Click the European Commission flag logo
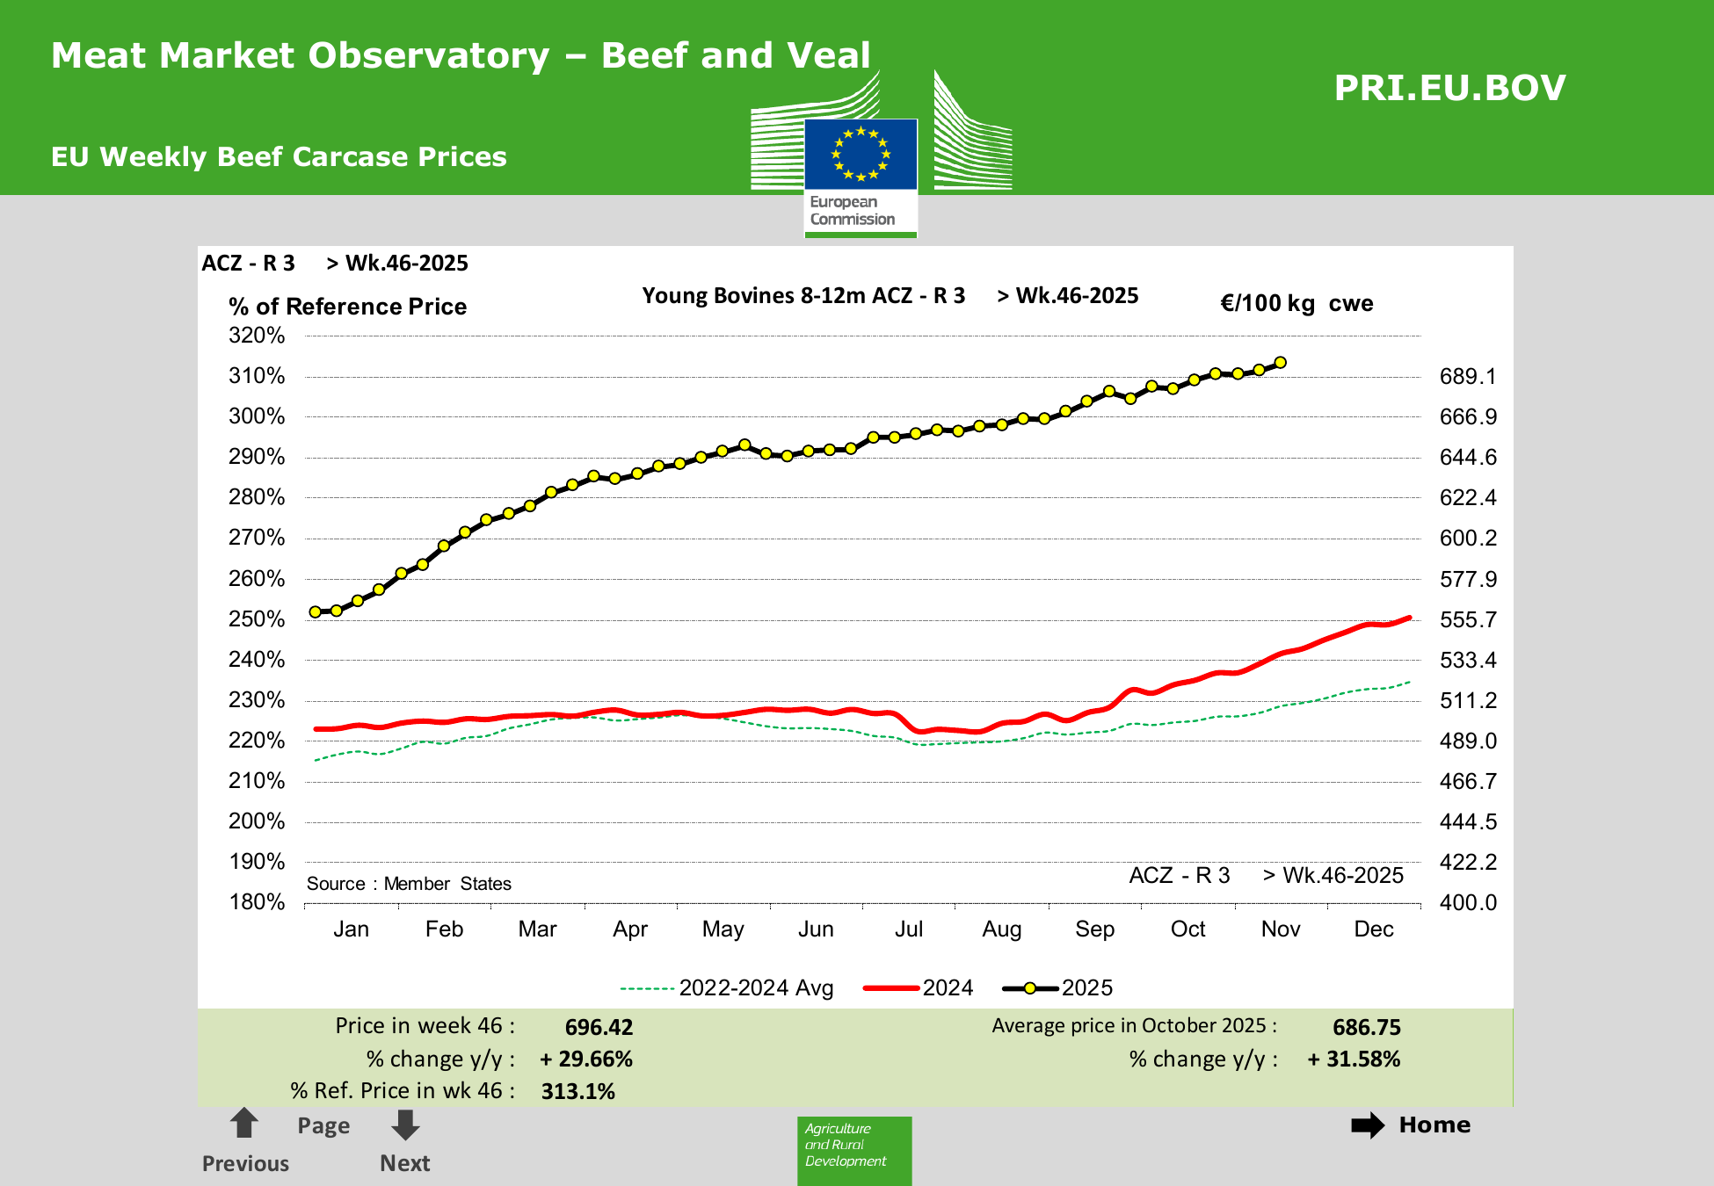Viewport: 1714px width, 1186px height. click(861, 155)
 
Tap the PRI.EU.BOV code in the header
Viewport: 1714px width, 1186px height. click(1449, 88)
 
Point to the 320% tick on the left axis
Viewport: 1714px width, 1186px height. click(257, 336)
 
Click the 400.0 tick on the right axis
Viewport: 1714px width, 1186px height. click(1467, 902)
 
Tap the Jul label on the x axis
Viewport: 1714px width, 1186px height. click(908, 929)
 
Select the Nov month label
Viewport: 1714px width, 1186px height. click(1280, 929)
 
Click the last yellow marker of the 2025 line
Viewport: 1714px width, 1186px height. click(1281, 363)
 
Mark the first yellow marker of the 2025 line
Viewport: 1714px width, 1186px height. click(315, 612)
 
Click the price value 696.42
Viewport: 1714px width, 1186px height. click(599, 1027)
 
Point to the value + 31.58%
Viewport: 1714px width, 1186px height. click(1354, 1059)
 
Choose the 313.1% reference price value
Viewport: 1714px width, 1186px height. click(577, 1091)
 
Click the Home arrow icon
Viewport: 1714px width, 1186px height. click(1368, 1125)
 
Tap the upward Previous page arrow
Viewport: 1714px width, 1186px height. click(243, 1124)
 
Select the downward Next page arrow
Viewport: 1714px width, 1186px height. click(405, 1125)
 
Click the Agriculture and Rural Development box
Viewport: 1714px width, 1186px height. click(853, 1149)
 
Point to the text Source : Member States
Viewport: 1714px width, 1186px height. click(409, 884)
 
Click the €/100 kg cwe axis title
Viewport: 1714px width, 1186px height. click(1296, 304)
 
